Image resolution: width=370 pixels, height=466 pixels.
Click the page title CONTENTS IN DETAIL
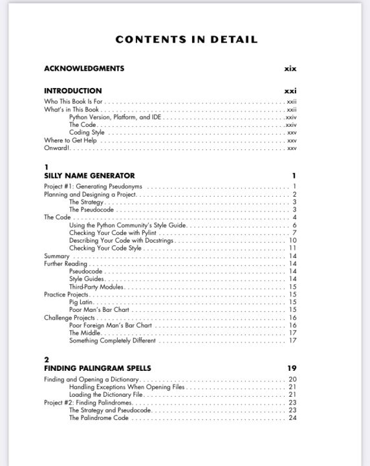[186, 40]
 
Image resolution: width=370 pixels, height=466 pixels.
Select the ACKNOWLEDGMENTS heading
[84, 69]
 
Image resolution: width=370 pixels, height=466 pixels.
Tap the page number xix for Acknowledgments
[290, 69]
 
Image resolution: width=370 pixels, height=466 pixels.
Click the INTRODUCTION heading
[72, 91]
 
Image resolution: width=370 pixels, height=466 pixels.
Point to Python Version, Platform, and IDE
[115, 117]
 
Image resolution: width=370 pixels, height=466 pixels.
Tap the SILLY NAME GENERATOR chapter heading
[89, 175]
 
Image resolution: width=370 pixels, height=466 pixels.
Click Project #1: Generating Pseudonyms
[92, 187]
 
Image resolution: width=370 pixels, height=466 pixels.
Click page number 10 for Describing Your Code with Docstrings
[292, 241]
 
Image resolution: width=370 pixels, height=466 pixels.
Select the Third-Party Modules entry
[96, 287]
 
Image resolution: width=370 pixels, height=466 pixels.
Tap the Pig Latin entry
[82, 302]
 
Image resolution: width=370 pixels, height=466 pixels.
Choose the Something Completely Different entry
[112, 340]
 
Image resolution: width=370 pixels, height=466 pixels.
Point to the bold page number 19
[292, 368]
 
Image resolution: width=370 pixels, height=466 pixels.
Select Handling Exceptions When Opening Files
[127, 387]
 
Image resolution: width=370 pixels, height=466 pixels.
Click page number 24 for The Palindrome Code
[292, 418]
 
